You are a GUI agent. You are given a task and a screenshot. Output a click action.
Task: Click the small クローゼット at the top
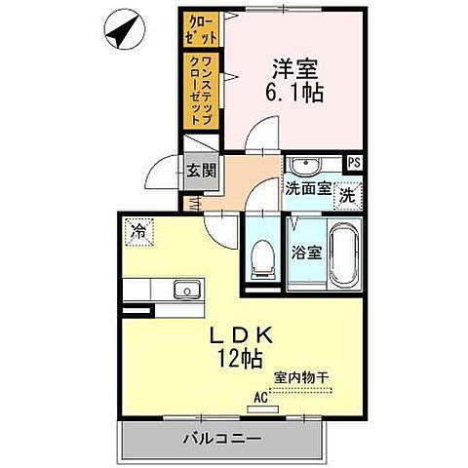tap(199, 29)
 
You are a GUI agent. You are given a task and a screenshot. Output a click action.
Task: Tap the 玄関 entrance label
tap(201, 172)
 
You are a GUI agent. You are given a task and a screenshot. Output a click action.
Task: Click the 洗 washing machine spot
tap(347, 194)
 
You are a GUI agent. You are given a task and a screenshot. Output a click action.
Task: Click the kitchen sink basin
tap(183, 289)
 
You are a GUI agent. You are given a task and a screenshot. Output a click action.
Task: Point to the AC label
tap(261, 398)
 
